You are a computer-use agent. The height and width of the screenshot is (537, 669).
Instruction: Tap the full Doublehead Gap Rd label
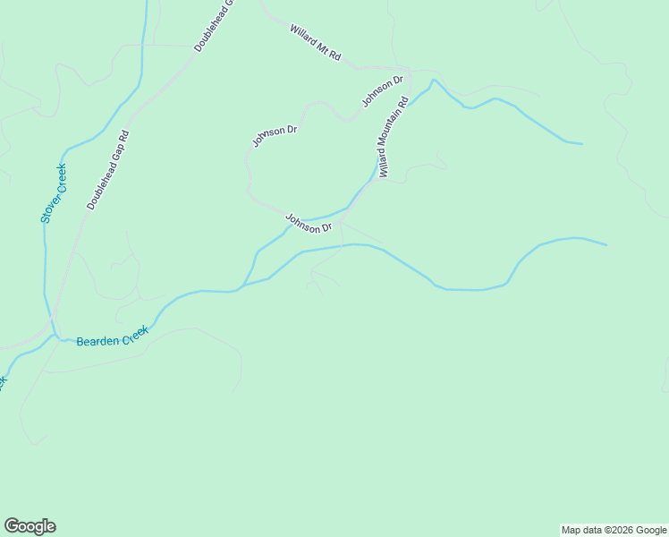click(x=108, y=170)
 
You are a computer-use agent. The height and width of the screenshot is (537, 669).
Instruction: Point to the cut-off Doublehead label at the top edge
click(x=214, y=25)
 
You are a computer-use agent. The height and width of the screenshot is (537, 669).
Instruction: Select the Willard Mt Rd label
click(x=315, y=42)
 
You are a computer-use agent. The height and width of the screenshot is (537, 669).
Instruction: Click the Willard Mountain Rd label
click(x=393, y=138)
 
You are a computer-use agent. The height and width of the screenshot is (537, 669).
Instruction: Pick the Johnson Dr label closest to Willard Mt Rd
click(x=383, y=91)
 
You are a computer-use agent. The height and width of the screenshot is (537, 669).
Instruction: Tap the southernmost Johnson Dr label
click(x=309, y=223)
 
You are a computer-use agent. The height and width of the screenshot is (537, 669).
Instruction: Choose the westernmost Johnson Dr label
click(x=274, y=136)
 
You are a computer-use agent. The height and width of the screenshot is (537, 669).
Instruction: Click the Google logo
click(x=30, y=526)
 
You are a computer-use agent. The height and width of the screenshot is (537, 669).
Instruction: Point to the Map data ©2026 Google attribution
click(x=614, y=530)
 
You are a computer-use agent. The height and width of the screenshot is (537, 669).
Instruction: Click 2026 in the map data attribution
click(x=620, y=530)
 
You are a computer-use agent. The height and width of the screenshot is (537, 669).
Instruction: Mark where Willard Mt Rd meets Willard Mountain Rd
click(x=407, y=70)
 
